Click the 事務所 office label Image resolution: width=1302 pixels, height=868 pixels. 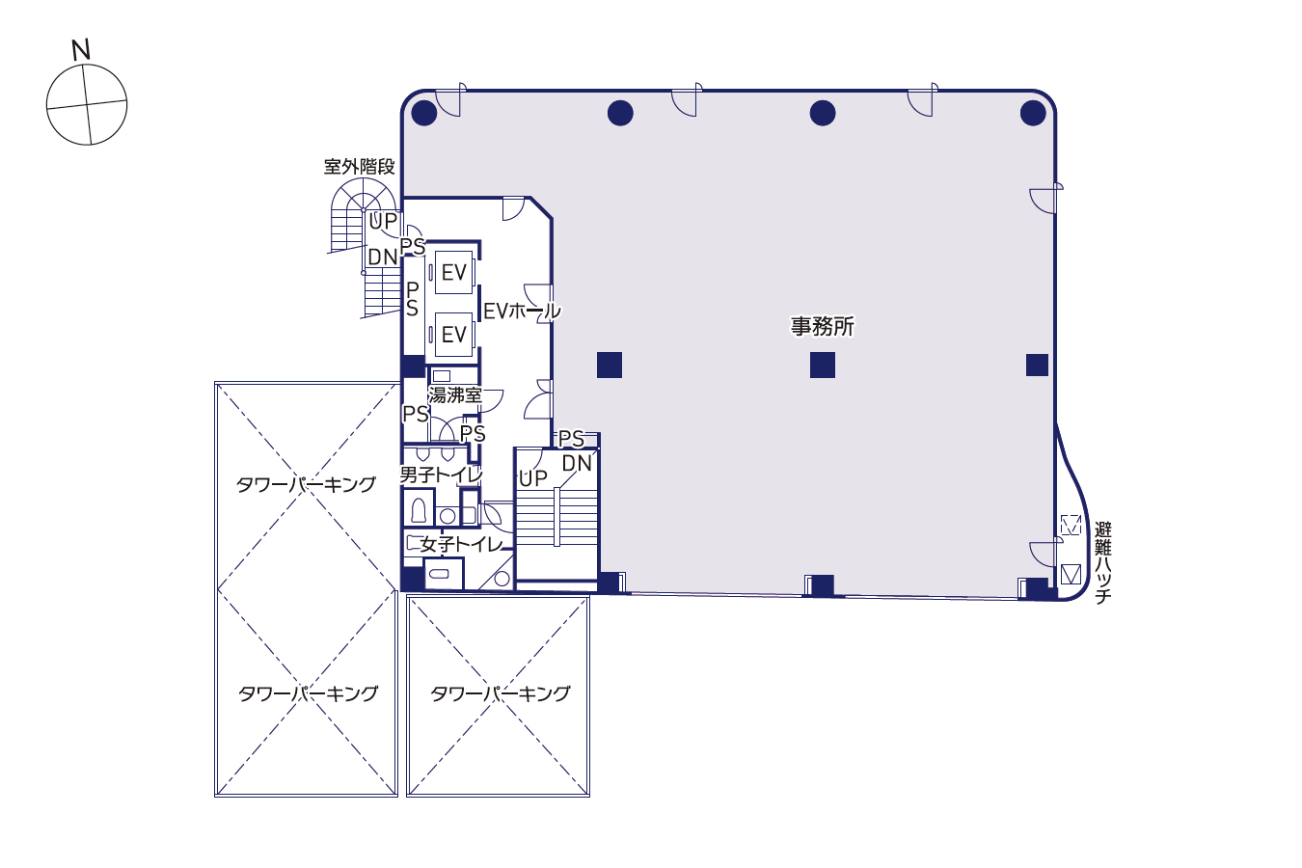click(822, 326)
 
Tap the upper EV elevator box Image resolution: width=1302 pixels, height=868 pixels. click(453, 272)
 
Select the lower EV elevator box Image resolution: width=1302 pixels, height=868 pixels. click(453, 335)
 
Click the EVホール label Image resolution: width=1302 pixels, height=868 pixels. click(522, 312)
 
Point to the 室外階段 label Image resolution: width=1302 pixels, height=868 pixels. click(359, 167)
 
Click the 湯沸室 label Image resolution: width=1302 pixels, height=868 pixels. click(455, 395)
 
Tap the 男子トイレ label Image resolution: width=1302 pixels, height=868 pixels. click(441, 475)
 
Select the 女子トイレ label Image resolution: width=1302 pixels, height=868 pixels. click(462, 544)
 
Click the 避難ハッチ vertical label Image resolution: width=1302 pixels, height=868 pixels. click(1102, 562)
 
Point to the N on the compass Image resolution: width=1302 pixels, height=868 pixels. click(81, 50)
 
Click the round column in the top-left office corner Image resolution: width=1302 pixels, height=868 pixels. click(424, 113)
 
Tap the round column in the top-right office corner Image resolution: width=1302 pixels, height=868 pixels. click(1033, 113)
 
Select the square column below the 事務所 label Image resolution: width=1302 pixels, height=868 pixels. click(823, 366)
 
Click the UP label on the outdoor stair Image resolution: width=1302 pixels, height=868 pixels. click(383, 221)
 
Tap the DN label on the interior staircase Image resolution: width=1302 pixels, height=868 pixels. click(577, 463)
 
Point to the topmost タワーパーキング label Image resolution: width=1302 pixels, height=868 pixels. click(306, 484)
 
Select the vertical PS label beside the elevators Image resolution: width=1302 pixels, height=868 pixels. click(412, 299)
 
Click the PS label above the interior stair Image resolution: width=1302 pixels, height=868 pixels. click(571, 439)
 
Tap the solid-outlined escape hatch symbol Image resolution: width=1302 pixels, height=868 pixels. click(1071, 575)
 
